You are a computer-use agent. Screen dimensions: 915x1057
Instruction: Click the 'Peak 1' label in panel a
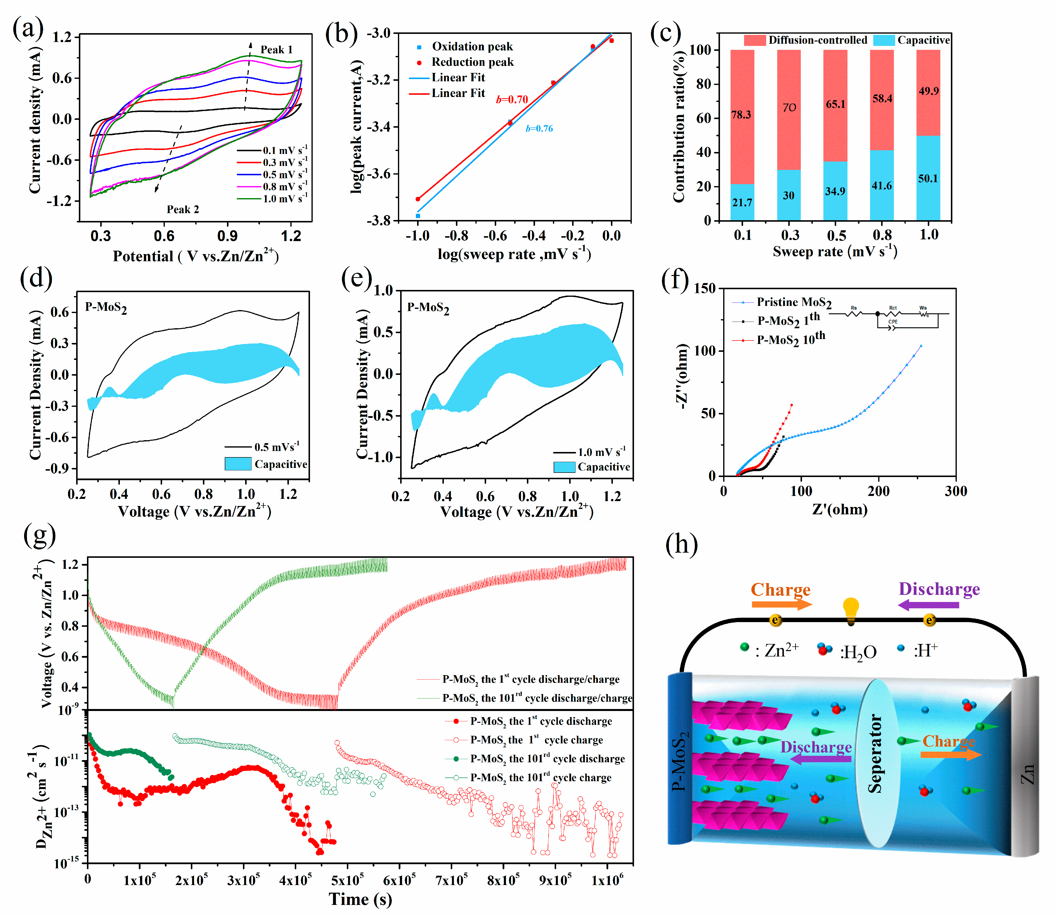click(x=276, y=50)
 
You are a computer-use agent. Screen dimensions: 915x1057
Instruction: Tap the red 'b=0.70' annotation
click(x=512, y=100)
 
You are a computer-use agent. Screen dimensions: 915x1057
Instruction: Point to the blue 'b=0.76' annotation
click(x=539, y=129)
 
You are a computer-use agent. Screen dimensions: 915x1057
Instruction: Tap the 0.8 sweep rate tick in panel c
click(x=882, y=235)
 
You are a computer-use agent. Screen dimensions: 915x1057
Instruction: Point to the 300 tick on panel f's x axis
click(x=955, y=491)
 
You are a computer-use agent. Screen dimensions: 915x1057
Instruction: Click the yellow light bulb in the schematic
click(x=851, y=610)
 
